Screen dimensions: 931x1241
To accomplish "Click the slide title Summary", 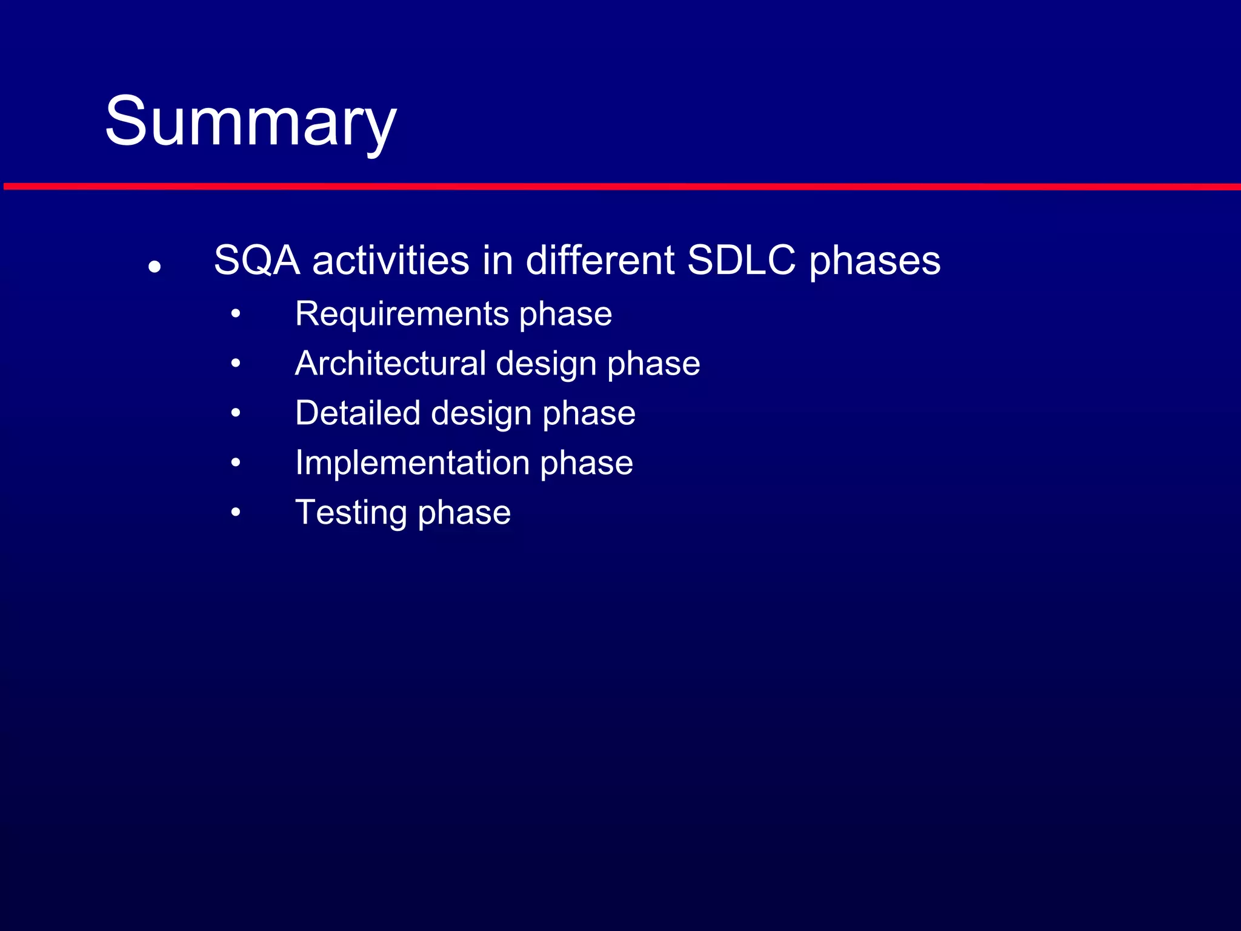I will pyautogui.click(x=250, y=122).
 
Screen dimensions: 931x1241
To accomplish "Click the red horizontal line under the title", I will pyautogui.click(x=620, y=186).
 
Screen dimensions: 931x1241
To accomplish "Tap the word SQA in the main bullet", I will pyautogui.click(x=257, y=261).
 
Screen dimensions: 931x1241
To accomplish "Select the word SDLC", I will pyautogui.click(x=741, y=261).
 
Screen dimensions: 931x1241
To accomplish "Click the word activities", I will pyautogui.click(x=391, y=261).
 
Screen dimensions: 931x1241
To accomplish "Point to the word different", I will pyautogui.click(x=600, y=261).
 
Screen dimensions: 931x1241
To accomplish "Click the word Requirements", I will pyautogui.click(x=401, y=315).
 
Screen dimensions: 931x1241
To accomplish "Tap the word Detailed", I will pyautogui.click(x=358, y=413).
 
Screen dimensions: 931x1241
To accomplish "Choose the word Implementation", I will pyautogui.click(x=412, y=463).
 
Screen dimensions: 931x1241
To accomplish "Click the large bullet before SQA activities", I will pyautogui.click(x=155, y=266).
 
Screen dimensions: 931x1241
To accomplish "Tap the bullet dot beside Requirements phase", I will pyautogui.click(x=236, y=314).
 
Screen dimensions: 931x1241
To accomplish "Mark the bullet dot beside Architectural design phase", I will pyautogui.click(x=236, y=364).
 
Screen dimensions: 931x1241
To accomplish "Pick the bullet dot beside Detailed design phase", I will pyautogui.click(x=236, y=413).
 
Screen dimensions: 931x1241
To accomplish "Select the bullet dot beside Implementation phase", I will pyautogui.click(x=236, y=463).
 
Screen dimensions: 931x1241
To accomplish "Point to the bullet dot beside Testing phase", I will pyautogui.click(x=236, y=513).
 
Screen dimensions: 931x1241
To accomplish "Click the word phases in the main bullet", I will pyautogui.click(x=874, y=262).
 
